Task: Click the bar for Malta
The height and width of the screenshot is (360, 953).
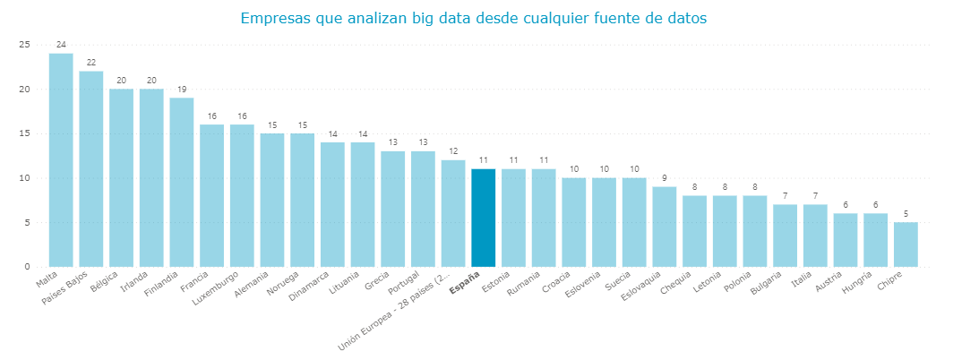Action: [x=61, y=160]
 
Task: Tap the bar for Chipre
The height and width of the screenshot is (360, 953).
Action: [x=906, y=244]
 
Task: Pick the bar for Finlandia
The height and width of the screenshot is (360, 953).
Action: [x=182, y=183]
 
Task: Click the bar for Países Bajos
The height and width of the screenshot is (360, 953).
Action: [x=90, y=169]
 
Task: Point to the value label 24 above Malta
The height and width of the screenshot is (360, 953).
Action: [x=61, y=45]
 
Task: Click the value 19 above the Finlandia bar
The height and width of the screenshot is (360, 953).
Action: [x=182, y=90]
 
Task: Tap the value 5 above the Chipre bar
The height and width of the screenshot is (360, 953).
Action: [x=906, y=214]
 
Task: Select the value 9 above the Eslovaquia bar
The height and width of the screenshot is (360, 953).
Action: [x=664, y=178]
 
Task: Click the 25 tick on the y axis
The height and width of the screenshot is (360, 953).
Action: [x=24, y=45]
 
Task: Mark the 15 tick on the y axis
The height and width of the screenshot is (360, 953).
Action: [x=24, y=133]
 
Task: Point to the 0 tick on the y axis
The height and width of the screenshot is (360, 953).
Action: [x=27, y=267]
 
